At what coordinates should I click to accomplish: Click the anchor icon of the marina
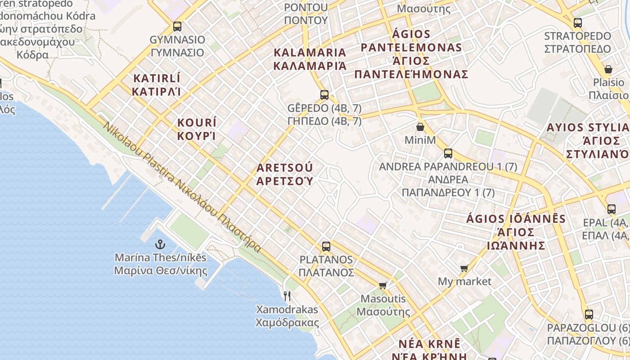160,244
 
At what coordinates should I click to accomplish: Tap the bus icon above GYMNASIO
177,26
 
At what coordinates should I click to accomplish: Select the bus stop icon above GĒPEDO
324,94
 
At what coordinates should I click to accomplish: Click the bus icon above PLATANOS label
326,246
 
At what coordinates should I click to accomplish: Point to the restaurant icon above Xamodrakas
287,296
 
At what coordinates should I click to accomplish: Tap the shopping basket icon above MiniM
420,127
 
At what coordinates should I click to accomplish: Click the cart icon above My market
464,268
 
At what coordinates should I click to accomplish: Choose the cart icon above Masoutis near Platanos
383,285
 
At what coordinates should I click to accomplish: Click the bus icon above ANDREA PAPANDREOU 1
448,153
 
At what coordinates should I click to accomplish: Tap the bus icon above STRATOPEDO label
578,22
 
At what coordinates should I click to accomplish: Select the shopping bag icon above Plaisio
608,69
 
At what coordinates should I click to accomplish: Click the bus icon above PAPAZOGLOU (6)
589,314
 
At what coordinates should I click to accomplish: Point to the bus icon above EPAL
611,209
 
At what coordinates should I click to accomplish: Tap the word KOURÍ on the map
197,123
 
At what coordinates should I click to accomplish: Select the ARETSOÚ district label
284,168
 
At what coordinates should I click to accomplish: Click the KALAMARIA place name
310,53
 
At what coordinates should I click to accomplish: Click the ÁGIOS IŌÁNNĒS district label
516,219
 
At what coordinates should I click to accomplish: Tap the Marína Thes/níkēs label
161,258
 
